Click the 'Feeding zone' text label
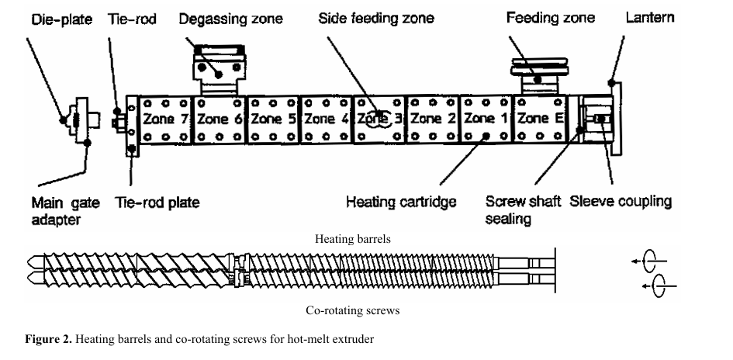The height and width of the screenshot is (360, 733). (551, 17)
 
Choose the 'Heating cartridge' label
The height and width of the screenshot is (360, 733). (401, 202)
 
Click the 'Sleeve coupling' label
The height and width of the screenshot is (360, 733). (621, 202)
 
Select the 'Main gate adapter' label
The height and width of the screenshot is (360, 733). (65, 211)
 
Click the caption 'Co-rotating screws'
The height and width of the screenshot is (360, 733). (353, 310)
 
